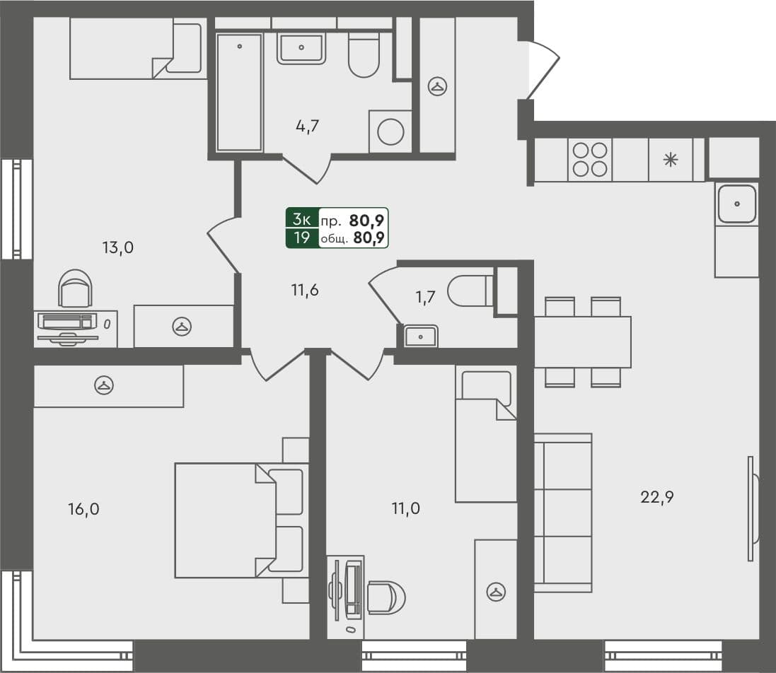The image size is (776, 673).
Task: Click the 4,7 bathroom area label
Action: tap(308, 127)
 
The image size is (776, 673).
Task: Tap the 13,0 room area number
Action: tap(118, 247)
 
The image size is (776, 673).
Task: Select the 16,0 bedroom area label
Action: tap(83, 509)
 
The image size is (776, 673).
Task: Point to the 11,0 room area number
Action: tap(406, 508)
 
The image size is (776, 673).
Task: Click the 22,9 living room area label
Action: tap(657, 497)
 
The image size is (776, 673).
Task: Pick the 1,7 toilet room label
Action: tap(426, 296)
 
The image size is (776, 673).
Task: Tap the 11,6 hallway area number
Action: tap(305, 289)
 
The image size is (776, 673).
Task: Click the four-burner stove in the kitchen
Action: tap(590, 160)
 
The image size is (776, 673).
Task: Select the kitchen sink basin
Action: tap(736, 204)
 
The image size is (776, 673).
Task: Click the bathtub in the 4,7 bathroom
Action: tap(239, 92)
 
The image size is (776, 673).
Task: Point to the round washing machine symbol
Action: tap(390, 131)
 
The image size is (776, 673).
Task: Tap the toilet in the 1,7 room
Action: tap(470, 291)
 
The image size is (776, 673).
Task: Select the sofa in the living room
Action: tap(562, 513)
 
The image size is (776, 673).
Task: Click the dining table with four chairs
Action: tap(582, 342)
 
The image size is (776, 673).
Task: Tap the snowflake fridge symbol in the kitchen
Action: tap(669, 160)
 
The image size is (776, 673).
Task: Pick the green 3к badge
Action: tap(302, 219)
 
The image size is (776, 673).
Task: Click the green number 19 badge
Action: tap(302, 238)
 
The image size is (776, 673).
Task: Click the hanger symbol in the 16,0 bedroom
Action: tap(105, 385)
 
